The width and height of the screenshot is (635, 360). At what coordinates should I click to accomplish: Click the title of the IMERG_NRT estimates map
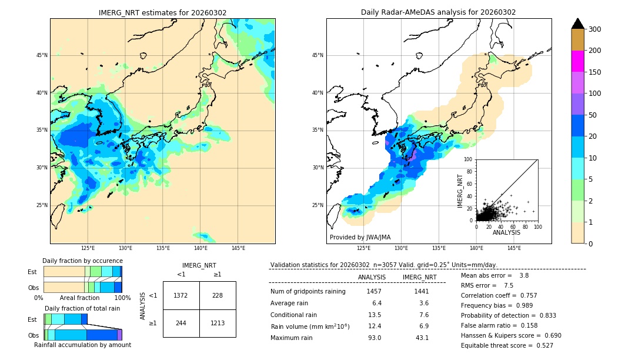(162, 12)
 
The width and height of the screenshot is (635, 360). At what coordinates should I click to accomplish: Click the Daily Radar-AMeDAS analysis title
(438, 12)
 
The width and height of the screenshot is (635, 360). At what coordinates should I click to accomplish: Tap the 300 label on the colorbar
(595, 29)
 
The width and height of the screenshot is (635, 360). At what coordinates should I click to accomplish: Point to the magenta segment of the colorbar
(577, 61)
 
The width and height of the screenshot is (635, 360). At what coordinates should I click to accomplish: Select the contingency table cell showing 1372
(181, 295)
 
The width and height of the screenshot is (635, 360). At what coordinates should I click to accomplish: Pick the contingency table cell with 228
(218, 295)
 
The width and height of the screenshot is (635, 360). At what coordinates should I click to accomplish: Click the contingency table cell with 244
(181, 323)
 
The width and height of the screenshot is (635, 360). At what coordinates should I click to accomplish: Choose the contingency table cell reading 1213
(218, 323)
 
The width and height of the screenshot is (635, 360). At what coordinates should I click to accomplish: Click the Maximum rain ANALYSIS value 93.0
(373, 338)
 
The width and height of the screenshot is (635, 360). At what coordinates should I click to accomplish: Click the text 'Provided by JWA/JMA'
(360, 238)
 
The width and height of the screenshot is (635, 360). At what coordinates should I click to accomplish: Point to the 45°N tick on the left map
(42, 55)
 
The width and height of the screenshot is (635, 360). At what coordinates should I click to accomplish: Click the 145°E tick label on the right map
(514, 248)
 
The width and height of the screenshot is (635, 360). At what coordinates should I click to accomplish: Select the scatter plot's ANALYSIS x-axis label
(506, 232)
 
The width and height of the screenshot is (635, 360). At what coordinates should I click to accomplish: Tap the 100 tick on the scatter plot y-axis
(469, 159)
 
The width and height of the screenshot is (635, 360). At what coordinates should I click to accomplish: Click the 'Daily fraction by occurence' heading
(82, 261)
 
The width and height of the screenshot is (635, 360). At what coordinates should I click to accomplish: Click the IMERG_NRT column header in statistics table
(419, 277)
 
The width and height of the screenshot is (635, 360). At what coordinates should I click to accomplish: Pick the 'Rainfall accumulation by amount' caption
(82, 345)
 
